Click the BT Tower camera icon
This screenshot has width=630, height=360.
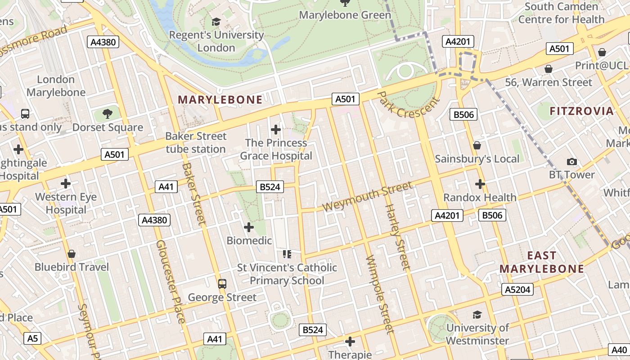coord(572,162)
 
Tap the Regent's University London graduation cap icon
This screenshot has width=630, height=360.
coord(216,22)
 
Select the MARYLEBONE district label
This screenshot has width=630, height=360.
coord(220,100)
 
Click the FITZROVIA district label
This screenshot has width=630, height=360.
coord(581,111)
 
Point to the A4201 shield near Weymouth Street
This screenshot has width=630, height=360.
coord(447,216)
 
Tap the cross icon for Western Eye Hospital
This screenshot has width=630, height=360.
coord(66,184)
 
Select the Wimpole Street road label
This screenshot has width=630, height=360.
coord(380,294)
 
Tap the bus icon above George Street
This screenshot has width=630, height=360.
coord(222,284)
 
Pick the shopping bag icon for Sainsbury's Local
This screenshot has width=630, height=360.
coord(477,145)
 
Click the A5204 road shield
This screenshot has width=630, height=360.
coord(517,289)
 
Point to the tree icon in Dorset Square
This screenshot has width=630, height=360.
coord(107,113)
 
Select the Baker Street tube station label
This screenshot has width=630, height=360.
coord(196,142)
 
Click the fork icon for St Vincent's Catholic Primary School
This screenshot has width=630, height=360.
coord(287,254)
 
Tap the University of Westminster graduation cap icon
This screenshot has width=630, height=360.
coord(477,315)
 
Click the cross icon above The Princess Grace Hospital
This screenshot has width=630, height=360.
coord(276,130)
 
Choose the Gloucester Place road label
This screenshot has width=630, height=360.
coord(171,281)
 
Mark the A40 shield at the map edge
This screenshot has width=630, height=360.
coord(620,350)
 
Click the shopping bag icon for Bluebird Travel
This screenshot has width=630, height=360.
coord(72,254)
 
